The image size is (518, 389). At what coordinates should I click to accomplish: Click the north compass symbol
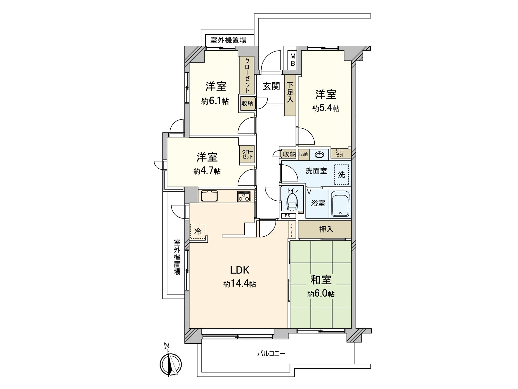[x=171, y=363]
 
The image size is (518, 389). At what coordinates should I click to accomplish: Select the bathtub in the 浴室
[x=340, y=204]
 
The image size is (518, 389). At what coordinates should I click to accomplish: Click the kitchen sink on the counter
[x=209, y=196]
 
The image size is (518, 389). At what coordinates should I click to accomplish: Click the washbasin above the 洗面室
[x=320, y=155]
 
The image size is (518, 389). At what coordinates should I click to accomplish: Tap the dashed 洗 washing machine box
[x=342, y=174]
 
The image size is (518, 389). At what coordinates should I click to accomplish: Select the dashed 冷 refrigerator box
[x=197, y=231]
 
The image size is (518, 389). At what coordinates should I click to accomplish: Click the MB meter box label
[x=292, y=60]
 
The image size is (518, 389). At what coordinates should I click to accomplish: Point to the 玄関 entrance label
[x=271, y=86]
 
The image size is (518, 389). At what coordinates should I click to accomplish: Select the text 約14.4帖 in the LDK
[x=240, y=284]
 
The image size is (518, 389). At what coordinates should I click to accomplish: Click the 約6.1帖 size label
[x=215, y=101]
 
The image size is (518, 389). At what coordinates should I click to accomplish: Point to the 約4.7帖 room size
[x=207, y=171]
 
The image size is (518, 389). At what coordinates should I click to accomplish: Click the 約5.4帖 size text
[x=326, y=109]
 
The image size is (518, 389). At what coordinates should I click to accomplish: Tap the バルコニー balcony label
[x=271, y=354]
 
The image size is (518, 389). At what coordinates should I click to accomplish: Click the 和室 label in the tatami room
[x=321, y=280]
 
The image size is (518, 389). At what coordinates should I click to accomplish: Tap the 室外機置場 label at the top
[x=228, y=40]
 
